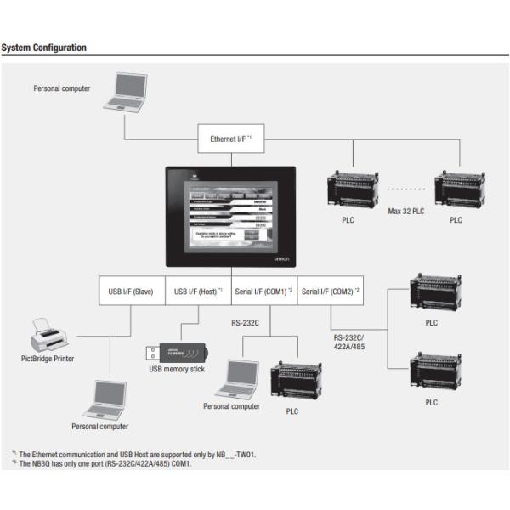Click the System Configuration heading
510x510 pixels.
(x=44, y=48)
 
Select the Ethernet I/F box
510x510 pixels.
(x=229, y=138)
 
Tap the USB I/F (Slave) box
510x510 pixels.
(x=131, y=292)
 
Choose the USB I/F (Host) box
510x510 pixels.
(x=197, y=292)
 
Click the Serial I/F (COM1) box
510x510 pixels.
(x=263, y=292)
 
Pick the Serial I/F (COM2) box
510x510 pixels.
(x=331, y=292)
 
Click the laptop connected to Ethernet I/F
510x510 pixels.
(x=125, y=94)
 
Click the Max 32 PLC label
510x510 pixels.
(x=406, y=210)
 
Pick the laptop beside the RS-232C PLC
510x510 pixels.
(x=237, y=379)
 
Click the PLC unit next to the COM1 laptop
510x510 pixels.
(x=292, y=380)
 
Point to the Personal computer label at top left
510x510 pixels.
(x=61, y=88)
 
